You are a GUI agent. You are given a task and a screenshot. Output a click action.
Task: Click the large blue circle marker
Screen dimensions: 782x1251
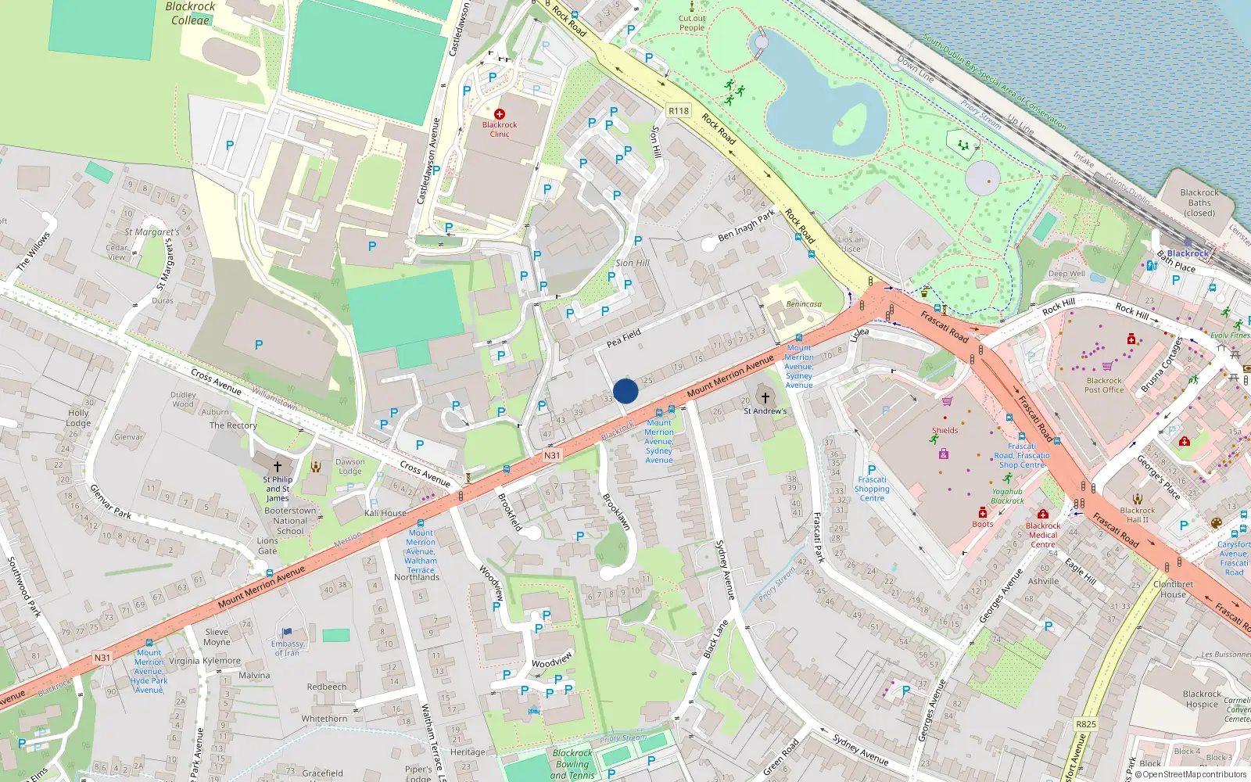(x=625, y=391)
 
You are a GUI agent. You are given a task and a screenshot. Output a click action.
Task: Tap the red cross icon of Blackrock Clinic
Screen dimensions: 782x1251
(x=500, y=114)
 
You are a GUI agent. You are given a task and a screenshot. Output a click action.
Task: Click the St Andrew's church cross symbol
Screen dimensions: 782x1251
(x=765, y=398)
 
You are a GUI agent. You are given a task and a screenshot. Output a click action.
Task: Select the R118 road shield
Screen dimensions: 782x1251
(x=679, y=111)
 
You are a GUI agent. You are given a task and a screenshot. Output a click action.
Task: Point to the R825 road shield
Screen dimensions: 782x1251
(x=1086, y=724)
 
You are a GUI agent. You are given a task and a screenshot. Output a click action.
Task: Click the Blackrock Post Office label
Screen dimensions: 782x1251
(x=1104, y=386)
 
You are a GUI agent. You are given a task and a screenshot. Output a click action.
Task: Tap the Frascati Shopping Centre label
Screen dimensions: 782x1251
(x=872, y=489)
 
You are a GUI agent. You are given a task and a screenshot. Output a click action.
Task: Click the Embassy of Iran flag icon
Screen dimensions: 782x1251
(x=286, y=632)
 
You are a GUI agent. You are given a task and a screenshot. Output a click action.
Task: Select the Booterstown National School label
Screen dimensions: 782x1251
(x=290, y=521)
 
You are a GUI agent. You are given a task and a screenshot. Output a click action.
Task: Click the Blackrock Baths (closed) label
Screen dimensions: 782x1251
(x=1199, y=203)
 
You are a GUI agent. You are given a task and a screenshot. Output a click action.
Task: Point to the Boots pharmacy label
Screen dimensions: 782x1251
(x=983, y=524)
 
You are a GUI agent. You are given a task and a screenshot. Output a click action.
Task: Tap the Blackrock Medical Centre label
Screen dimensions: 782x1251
(x=1043, y=535)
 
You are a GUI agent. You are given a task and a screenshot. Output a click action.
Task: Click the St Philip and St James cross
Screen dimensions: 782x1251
(x=277, y=467)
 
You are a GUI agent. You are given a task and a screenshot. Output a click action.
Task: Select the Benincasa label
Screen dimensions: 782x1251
(x=804, y=304)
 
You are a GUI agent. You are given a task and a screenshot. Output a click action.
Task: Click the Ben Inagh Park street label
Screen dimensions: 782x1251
(x=746, y=224)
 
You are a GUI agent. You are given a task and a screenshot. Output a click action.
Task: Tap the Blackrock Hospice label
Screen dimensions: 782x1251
(x=1202, y=699)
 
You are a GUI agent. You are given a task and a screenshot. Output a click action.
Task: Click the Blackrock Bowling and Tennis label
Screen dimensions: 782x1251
(x=572, y=764)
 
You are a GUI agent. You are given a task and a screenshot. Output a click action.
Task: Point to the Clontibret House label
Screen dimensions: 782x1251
(x=1173, y=589)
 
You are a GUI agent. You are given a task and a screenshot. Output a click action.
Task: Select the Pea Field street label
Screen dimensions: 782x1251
(x=624, y=339)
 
